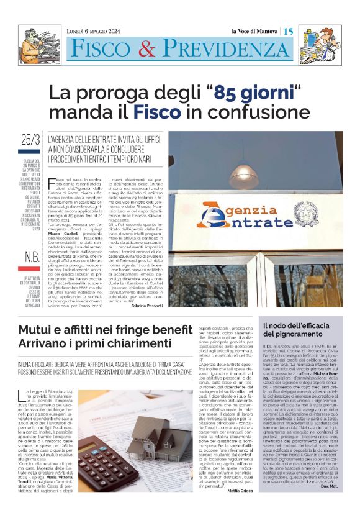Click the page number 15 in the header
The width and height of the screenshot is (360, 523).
(x=289, y=31)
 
